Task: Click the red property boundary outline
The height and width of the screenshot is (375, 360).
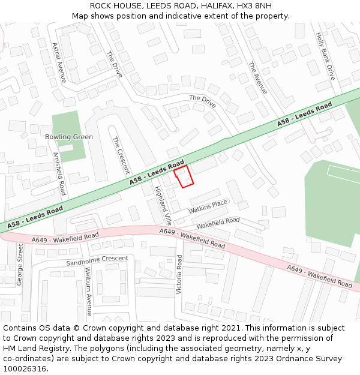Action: pyautogui.click(x=184, y=176)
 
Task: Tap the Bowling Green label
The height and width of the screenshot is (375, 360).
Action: pyautogui.click(x=69, y=137)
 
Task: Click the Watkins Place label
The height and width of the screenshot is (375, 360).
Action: pyautogui.click(x=208, y=207)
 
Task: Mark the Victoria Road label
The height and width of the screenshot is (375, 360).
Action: pyautogui.click(x=179, y=274)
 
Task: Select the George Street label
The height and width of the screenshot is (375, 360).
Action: pyautogui.click(x=20, y=264)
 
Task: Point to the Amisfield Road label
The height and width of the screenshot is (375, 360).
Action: pyautogui.click(x=59, y=173)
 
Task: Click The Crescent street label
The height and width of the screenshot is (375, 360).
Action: pyautogui.click(x=121, y=155)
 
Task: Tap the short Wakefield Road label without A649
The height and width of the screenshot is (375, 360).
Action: pyautogui.click(x=218, y=222)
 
